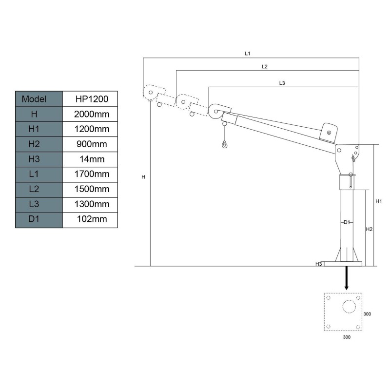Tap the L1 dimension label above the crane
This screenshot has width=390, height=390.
point(248,54)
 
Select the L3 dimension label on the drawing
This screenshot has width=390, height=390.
point(282,83)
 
